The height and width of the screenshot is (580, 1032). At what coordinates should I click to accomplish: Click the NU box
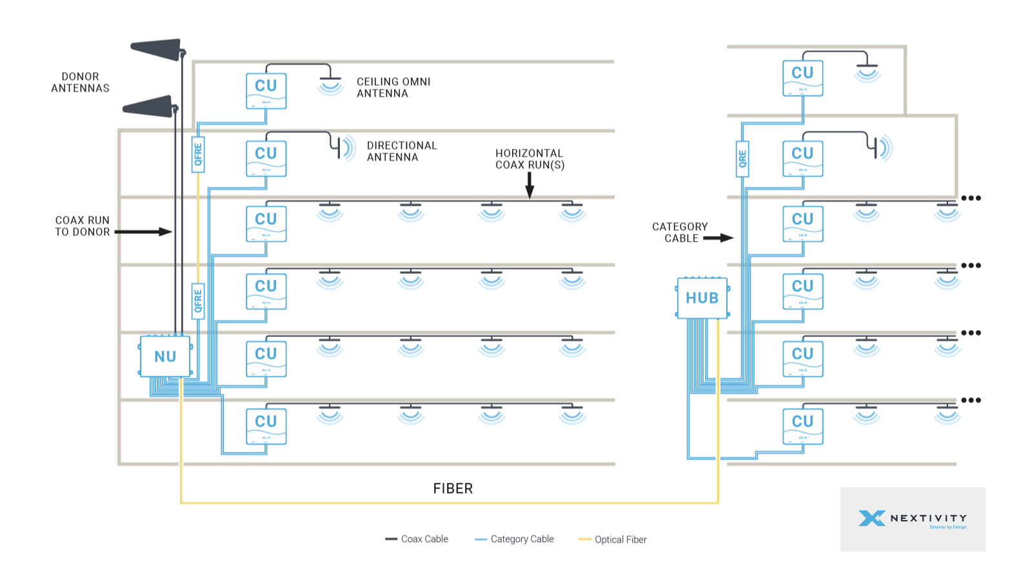tap(165, 356)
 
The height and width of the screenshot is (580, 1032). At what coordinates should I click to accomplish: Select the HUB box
tap(702, 298)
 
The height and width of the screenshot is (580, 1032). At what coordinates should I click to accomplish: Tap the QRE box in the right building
tap(742, 159)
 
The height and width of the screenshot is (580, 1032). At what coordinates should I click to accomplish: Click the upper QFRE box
tap(198, 154)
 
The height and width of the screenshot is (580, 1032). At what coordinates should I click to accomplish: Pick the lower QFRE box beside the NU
tap(198, 301)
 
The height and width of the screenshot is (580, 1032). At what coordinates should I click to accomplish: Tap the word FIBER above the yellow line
tap(453, 488)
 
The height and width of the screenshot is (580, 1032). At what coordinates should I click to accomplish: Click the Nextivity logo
tap(912, 519)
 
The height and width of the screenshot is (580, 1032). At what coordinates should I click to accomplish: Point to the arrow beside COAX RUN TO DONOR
tap(143, 231)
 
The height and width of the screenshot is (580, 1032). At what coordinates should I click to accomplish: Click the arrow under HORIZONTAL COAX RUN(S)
tap(530, 185)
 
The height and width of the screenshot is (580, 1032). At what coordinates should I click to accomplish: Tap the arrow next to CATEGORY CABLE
tap(718, 238)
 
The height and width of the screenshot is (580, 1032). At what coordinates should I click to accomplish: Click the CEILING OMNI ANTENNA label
tap(393, 88)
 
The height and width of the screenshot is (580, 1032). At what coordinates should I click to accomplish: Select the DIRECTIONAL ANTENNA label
tap(402, 151)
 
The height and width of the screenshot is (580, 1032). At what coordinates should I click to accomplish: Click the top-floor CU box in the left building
tap(266, 91)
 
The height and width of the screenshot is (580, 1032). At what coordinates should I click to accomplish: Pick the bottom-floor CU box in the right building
tap(802, 426)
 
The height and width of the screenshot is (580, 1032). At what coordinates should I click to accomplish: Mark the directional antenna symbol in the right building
tap(880, 148)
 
